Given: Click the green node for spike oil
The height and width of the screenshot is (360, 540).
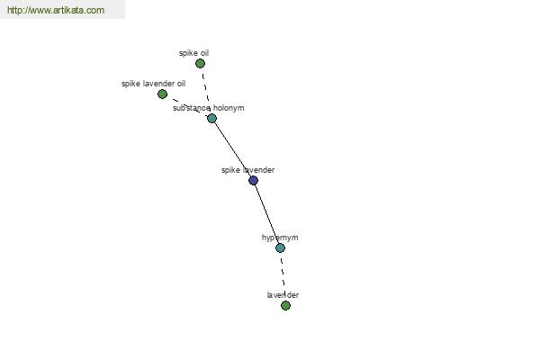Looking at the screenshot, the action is (200, 63).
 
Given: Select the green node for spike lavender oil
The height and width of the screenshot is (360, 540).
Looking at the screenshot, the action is (162, 94).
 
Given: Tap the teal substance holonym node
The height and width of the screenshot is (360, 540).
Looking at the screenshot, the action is (211, 119).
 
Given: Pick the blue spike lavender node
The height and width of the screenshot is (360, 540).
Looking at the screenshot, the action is (253, 180).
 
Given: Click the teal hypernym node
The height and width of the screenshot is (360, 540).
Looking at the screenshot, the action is (280, 247).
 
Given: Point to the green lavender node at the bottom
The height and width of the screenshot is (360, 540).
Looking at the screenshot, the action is (285, 306).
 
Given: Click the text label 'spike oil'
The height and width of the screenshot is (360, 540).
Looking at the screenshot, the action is (193, 53).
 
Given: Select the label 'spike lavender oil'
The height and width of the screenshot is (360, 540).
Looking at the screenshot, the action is (153, 84).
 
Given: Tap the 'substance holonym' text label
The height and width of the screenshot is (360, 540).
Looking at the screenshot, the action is (209, 108).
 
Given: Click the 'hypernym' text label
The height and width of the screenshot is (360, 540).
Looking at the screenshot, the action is (280, 238).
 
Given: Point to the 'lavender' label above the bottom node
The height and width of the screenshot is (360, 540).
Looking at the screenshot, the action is (283, 295).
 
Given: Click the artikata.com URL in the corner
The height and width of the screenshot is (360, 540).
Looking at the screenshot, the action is (56, 10).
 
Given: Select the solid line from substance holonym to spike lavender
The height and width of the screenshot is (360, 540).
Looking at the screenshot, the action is (232, 149).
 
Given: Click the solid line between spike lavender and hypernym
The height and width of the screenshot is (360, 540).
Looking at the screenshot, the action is (267, 214).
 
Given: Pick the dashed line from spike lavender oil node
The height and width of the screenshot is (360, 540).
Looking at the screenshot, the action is (187, 106).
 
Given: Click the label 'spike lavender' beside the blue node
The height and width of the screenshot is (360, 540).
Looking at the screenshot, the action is (248, 170).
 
